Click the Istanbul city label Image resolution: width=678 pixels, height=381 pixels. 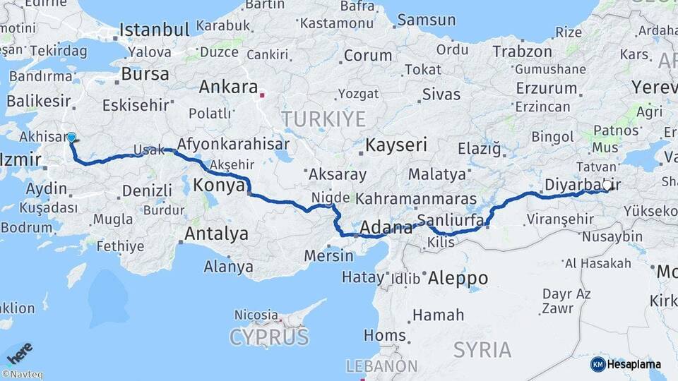pyautogui.click(x=154, y=30)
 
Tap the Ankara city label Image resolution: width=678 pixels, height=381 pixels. pyautogui.click(x=227, y=87)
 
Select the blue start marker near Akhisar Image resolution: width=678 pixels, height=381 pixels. pyautogui.click(x=71, y=138)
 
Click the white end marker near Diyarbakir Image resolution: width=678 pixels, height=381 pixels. pyautogui.click(x=607, y=185)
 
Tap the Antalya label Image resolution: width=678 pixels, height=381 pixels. pyautogui.click(x=216, y=234)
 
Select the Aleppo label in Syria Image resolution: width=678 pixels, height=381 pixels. pyautogui.click(x=458, y=277)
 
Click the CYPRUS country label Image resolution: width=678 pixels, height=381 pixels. pyautogui.click(x=269, y=337)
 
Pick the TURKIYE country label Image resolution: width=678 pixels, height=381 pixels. pyautogui.click(x=324, y=119)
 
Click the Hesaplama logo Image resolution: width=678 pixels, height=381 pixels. pyautogui.click(x=626, y=364)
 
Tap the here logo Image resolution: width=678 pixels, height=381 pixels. pyautogui.click(x=19, y=353)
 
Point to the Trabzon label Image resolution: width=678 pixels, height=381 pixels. pyautogui.click(x=522, y=52)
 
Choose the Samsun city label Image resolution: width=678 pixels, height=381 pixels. pyautogui.click(x=426, y=20)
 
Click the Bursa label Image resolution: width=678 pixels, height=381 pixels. pyautogui.click(x=145, y=74)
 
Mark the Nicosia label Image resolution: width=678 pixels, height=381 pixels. pyautogui.click(x=256, y=314)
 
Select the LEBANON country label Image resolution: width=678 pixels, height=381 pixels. pyautogui.click(x=382, y=366)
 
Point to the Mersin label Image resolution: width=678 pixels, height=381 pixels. pyautogui.click(x=328, y=255)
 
